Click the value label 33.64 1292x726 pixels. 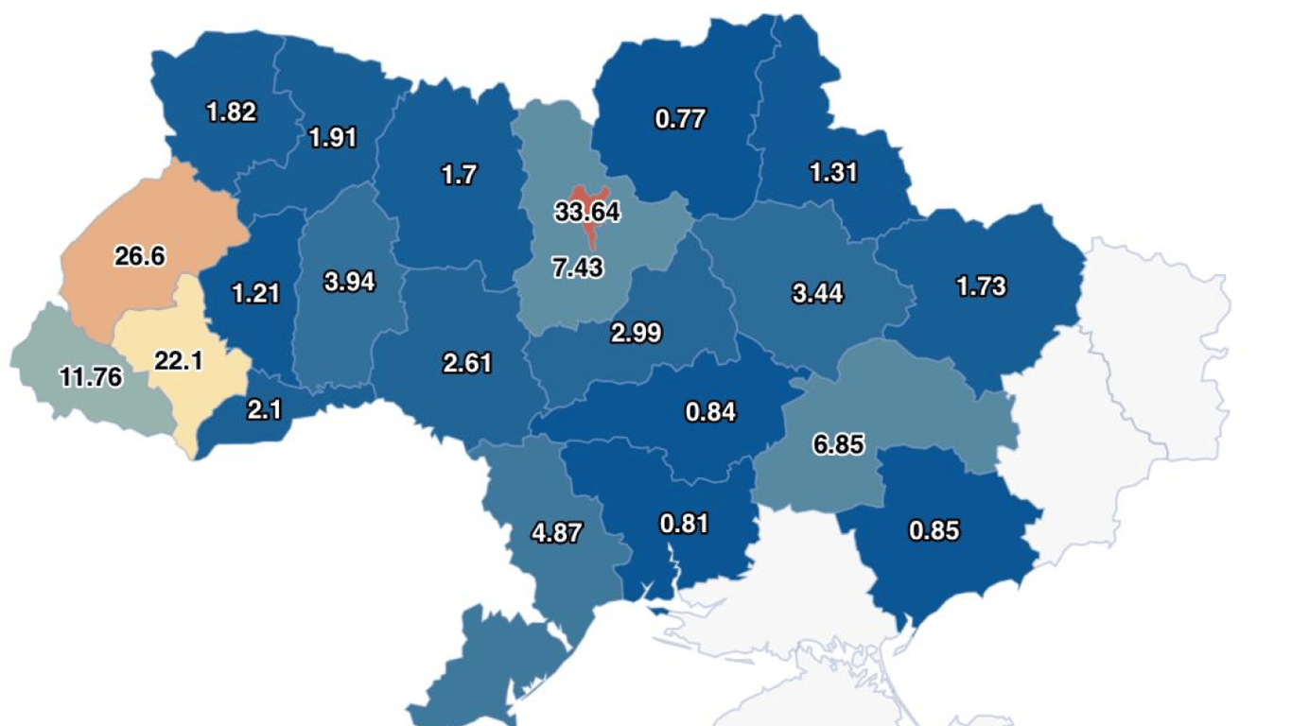click(x=587, y=212)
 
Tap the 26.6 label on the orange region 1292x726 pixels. click(x=140, y=255)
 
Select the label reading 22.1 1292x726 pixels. click(x=179, y=360)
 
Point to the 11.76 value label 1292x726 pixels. click(x=91, y=377)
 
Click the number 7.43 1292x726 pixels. click(x=577, y=268)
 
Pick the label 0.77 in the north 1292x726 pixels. click(x=680, y=119)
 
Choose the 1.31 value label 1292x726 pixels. click(x=833, y=172)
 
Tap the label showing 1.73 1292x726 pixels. click(x=981, y=285)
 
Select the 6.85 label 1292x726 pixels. click(x=838, y=443)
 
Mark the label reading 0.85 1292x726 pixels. click(x=934, y=530)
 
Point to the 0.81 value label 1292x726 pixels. click(x=684, y=523)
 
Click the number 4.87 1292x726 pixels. click(x=557, y=531)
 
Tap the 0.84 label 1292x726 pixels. click(x=710, y=411)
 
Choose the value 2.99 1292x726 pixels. click(x=636, y=333)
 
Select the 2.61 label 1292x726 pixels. click(x=467, y=362)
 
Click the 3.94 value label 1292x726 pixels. click(x=349, y=282)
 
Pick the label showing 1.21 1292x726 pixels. click(x=255, y=292)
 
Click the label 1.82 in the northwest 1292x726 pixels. click(x=231, y=112)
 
